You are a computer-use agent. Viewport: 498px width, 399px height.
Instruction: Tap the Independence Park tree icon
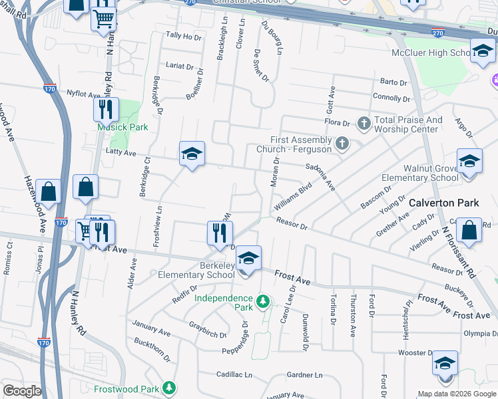(x=263, y=303)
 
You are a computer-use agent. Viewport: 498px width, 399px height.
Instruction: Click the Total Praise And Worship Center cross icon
(x=364, y=122)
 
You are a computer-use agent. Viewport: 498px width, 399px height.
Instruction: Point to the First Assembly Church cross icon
(x=342, y=144)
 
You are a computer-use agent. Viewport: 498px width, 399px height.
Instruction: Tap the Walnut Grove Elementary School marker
(x=469, y=162)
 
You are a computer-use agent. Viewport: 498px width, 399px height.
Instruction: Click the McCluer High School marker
(x=482, y=51)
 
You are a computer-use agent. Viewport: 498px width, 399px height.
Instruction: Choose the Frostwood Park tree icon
(x=170, y=387)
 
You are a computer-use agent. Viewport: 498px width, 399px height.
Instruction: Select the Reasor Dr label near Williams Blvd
(x=292, y=225)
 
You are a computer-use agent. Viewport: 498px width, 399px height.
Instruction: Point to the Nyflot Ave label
(x=83, y=94)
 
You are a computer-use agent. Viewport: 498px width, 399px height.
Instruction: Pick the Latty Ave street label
(x=121, y=153)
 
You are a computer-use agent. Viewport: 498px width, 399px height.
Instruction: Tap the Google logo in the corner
(x=22, y=391)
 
